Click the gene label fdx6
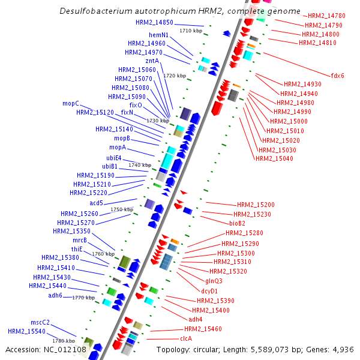click(x=338, y=76)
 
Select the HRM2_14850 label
click(x=154, y=22)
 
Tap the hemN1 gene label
click(x=158, y=35)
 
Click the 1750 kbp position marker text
click(x=122, y=209)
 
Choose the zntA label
click(x=152, y=61)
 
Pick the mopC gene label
click(x=71, y=103)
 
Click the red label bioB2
click(x=242, y=223)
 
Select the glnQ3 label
click(x=214, y=281)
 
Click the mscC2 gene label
click(x=40, y=322)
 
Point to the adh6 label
click(x=55, y=295)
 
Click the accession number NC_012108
click(x=46, y=349)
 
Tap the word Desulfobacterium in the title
click(x=95, y=11)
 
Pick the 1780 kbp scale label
click(x=62, y=341)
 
